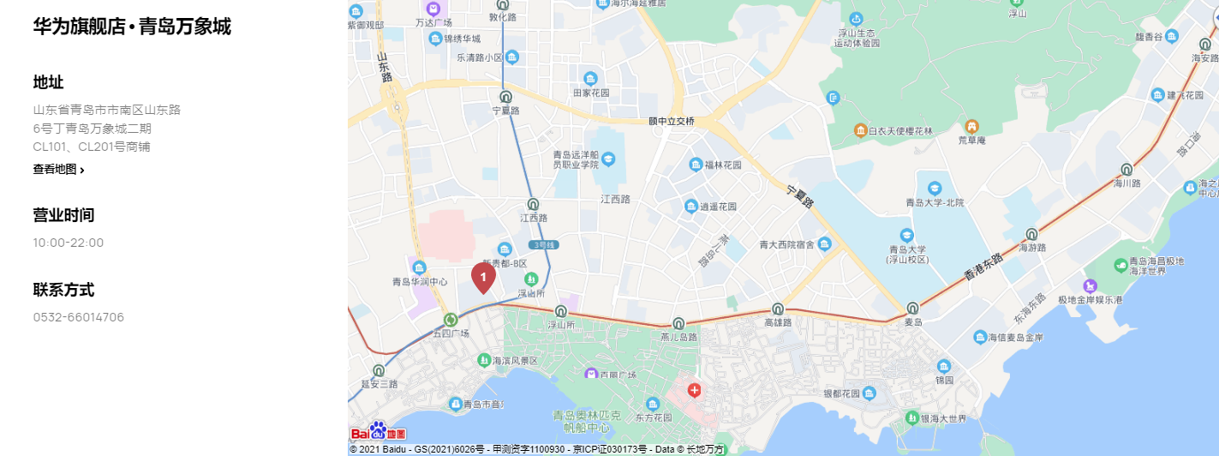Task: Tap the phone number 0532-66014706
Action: [79, 317]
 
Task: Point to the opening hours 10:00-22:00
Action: [69, 243]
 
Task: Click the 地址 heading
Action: [49, 82]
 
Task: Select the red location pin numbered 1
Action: [483, 278]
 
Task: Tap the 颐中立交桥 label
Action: [672, 122]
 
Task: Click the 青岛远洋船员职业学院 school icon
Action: [608, 159]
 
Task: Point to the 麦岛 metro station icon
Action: [913, 308]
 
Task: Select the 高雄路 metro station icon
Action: [778, 309]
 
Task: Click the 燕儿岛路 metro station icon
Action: [679, 323]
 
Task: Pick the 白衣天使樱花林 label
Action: [899, 131]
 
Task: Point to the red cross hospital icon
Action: [694, 391]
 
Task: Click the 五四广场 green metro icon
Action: [451, 320]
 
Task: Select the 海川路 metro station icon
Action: [1126, 170]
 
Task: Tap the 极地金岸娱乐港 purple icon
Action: [1090, 285]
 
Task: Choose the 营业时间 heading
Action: [63, 215]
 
